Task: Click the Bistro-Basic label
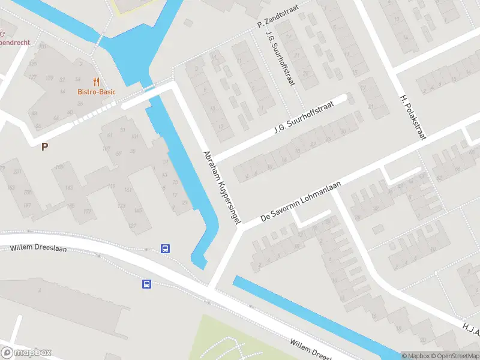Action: pos(97,92)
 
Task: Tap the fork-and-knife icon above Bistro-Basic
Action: pos(96,82)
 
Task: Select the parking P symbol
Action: pos(44,146)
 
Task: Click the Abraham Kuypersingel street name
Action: pos(221,187)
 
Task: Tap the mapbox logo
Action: pos(26,353)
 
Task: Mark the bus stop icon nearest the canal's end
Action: pos(166,248)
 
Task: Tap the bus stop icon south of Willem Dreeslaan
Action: pos(146,284)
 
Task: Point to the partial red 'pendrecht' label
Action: pos(13,42)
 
